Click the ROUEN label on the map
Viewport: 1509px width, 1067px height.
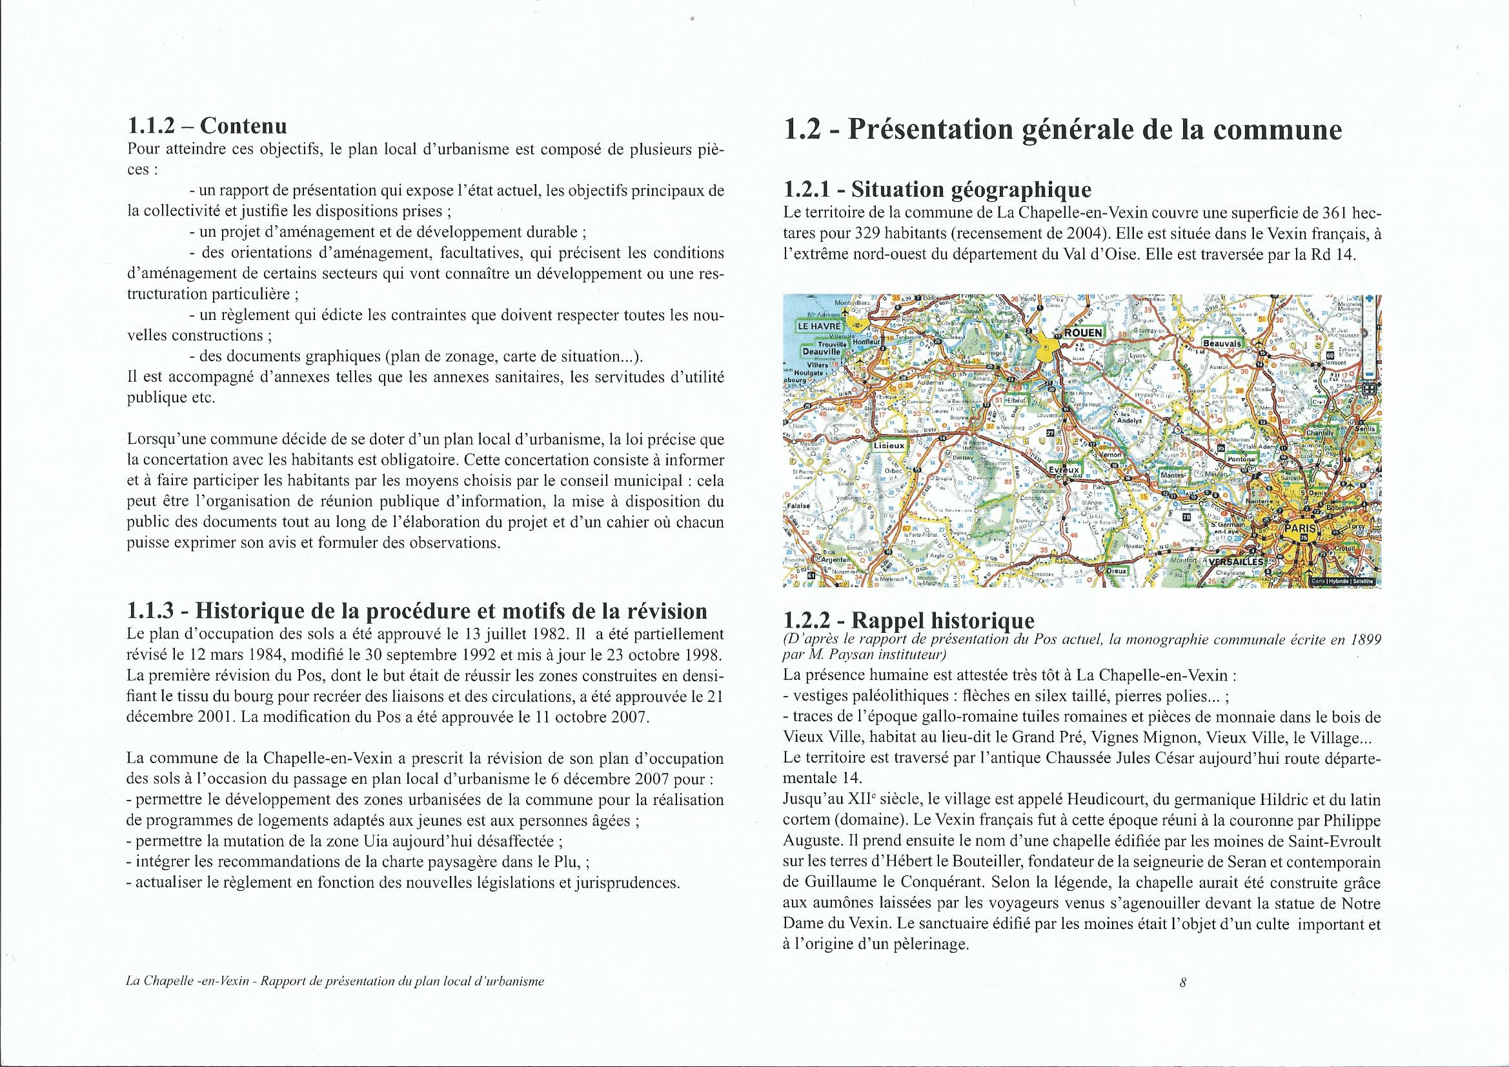(1083, 333)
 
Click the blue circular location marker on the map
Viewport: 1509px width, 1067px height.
(1177, 430)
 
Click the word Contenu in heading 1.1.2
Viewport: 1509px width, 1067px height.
(243, 126)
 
